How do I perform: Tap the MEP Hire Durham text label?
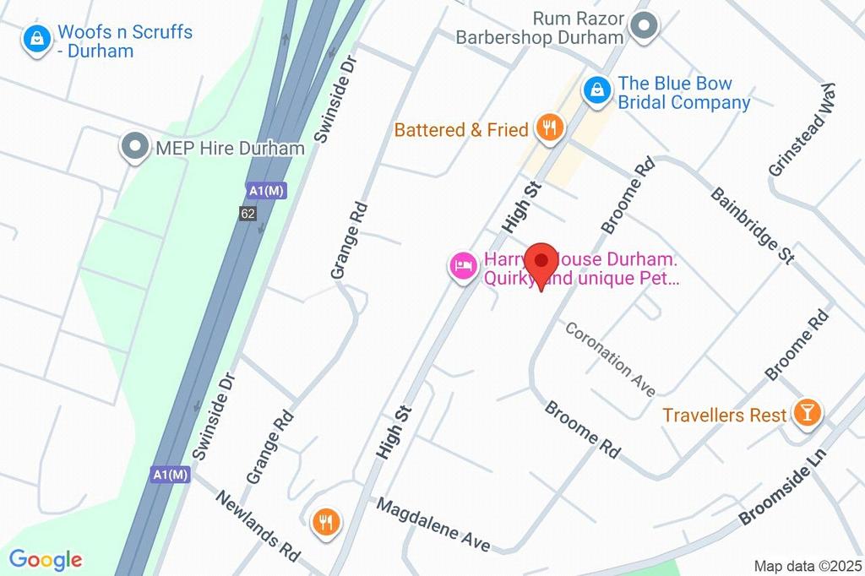click(230, 149)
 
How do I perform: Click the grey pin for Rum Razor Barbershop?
click(645, 27)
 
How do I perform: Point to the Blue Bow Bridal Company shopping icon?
click(597, 89)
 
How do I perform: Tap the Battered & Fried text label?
click(461, 130)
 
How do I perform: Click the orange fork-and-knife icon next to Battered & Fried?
click(550, 128)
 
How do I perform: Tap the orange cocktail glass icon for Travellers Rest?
click(808, 414)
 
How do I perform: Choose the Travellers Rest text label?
click(725, 416)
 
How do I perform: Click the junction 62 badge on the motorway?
click(248, 214)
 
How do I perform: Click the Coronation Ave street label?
click(610, 358)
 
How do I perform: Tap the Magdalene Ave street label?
click(432, 524)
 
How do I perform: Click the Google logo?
click(46, 559)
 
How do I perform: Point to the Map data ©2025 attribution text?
click(807, 566)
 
